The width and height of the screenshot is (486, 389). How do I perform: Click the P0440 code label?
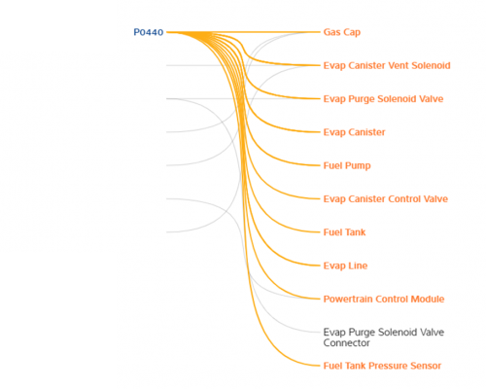click(x=149, y=32)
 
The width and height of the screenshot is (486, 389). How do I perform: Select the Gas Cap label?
click(x=342, y=32)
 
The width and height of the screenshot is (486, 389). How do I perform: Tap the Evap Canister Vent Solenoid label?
click(x=387, y=65)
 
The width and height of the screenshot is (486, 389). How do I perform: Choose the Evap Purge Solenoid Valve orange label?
click(x=383, y=99)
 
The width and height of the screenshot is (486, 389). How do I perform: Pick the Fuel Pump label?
click(x=347, y=165)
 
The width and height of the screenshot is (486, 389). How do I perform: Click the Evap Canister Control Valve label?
click(x=386, y=198)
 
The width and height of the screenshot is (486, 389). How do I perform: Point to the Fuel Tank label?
click(x=344, y=232)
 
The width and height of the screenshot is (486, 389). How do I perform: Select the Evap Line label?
click(x=345, y=265)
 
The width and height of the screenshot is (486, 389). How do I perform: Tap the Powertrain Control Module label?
click(x=384, y=299)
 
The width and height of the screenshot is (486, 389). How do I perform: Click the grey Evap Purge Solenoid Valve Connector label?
click(x=384, y=337)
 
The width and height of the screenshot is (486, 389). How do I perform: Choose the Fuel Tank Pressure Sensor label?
click(x=382, y=366)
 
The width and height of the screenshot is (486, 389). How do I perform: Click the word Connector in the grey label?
click(x=346, y=343)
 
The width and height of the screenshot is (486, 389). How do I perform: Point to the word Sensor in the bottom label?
click(x=426, y=366)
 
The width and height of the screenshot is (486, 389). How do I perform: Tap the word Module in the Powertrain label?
click(x=428, y=299)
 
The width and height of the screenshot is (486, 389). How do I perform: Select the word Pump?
click(x=359, y=166)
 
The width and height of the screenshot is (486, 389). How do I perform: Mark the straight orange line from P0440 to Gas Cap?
click(x=243, y=32)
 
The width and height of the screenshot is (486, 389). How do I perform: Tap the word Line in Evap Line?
click(x=358, y=265)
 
